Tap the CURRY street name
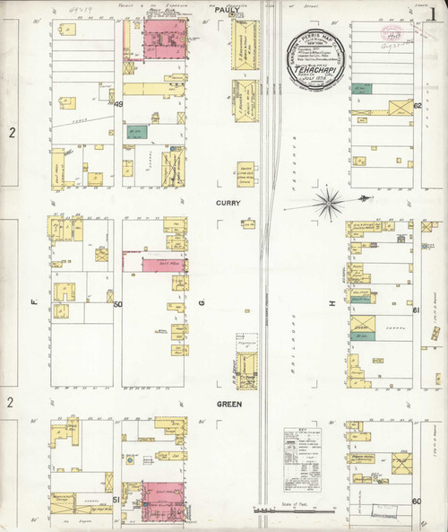coord(228,203)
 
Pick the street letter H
coord(331,304)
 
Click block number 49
coord(118,105)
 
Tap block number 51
coord(117,500)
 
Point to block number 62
coord(418,105)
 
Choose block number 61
coord(417,310)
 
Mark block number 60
coord(417,500)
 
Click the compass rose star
coord(329,199)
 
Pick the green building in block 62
coord(361,89)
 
